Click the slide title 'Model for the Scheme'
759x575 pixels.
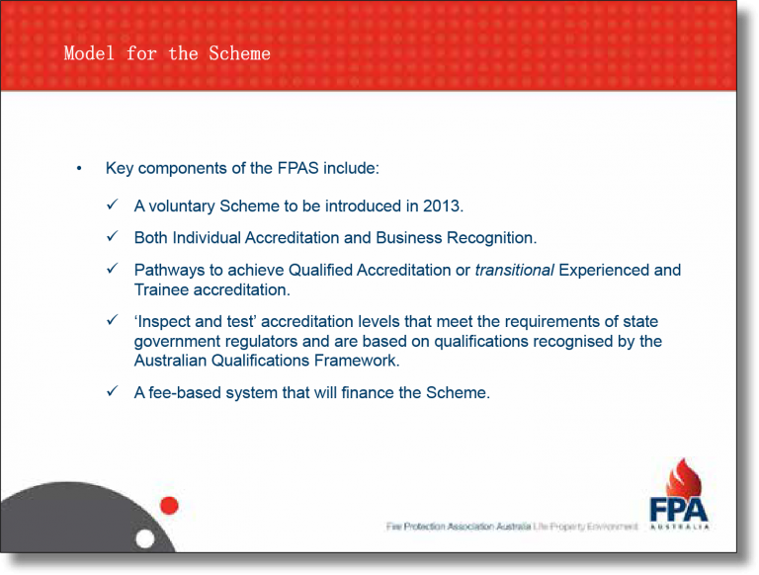(166, 53)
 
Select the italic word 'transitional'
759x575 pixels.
(514, 270)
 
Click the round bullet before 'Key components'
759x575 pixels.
(79, 169)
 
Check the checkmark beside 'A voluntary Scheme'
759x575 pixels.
(113, 205)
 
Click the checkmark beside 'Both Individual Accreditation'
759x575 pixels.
(113, 237)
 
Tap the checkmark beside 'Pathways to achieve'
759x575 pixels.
(113, 269)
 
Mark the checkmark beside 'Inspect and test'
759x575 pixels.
(113, 321)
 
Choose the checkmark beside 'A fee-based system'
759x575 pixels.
(113, 391)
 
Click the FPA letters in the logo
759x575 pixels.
(679, 508)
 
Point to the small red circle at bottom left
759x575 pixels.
(169, 506)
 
